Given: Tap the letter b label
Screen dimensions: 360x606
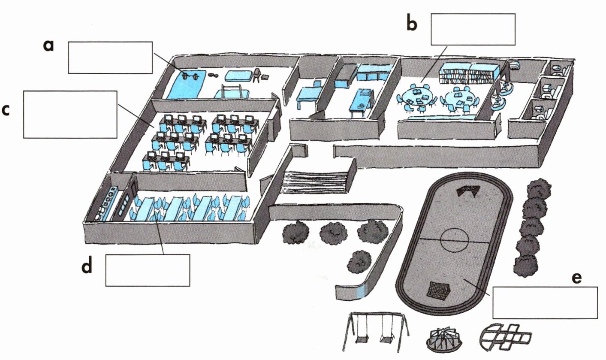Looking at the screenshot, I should [x=411, y=24].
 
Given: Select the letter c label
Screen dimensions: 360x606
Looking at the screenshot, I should [x=6, y=110].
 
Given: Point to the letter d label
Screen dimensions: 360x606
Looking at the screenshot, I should [x=87, y=267].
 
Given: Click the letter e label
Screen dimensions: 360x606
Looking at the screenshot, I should [x=577, y=278].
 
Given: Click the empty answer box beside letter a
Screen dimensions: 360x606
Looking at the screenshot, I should [x=110, y=57].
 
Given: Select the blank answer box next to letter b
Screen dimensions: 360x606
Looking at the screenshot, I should [x=473, y=29].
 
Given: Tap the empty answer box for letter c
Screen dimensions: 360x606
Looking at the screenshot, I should [x=70, y=114].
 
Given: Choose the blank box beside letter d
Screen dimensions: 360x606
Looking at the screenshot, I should [x=148, y=270].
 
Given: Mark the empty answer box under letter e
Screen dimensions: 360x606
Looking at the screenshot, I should [x=545, y=303].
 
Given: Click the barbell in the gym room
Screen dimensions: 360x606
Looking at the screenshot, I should [x=189, y=76].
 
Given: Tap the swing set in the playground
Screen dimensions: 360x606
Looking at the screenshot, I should [x=376, y=330].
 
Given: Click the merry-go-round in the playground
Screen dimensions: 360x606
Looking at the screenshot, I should [x=444, y=337].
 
